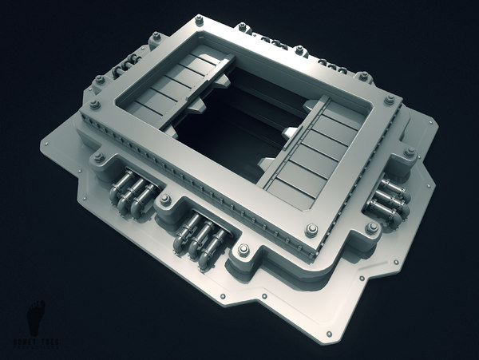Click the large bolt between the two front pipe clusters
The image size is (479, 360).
(165, 200)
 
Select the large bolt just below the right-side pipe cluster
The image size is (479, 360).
(371, 228)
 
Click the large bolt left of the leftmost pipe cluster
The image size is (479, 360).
(98, 157)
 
